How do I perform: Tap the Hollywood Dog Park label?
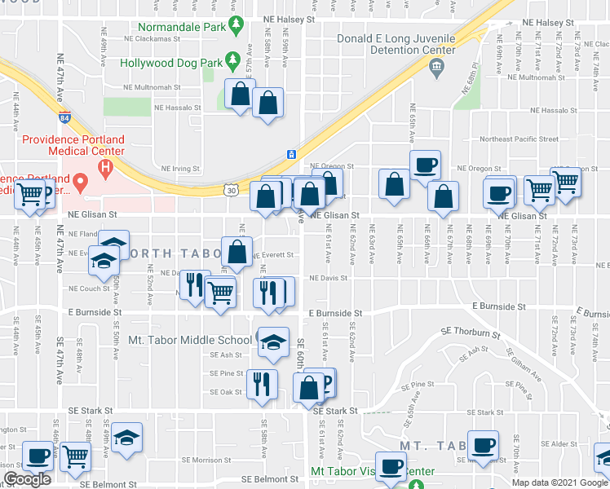point(171,62)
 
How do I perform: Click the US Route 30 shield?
point(232,190)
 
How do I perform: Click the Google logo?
point(27,479)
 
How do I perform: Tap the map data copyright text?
point(559,482)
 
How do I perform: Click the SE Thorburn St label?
point(468,333)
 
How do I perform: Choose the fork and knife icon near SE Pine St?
point(262,384)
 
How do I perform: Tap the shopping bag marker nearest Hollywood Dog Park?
point(240,95)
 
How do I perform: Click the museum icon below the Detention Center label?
point(435,66)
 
